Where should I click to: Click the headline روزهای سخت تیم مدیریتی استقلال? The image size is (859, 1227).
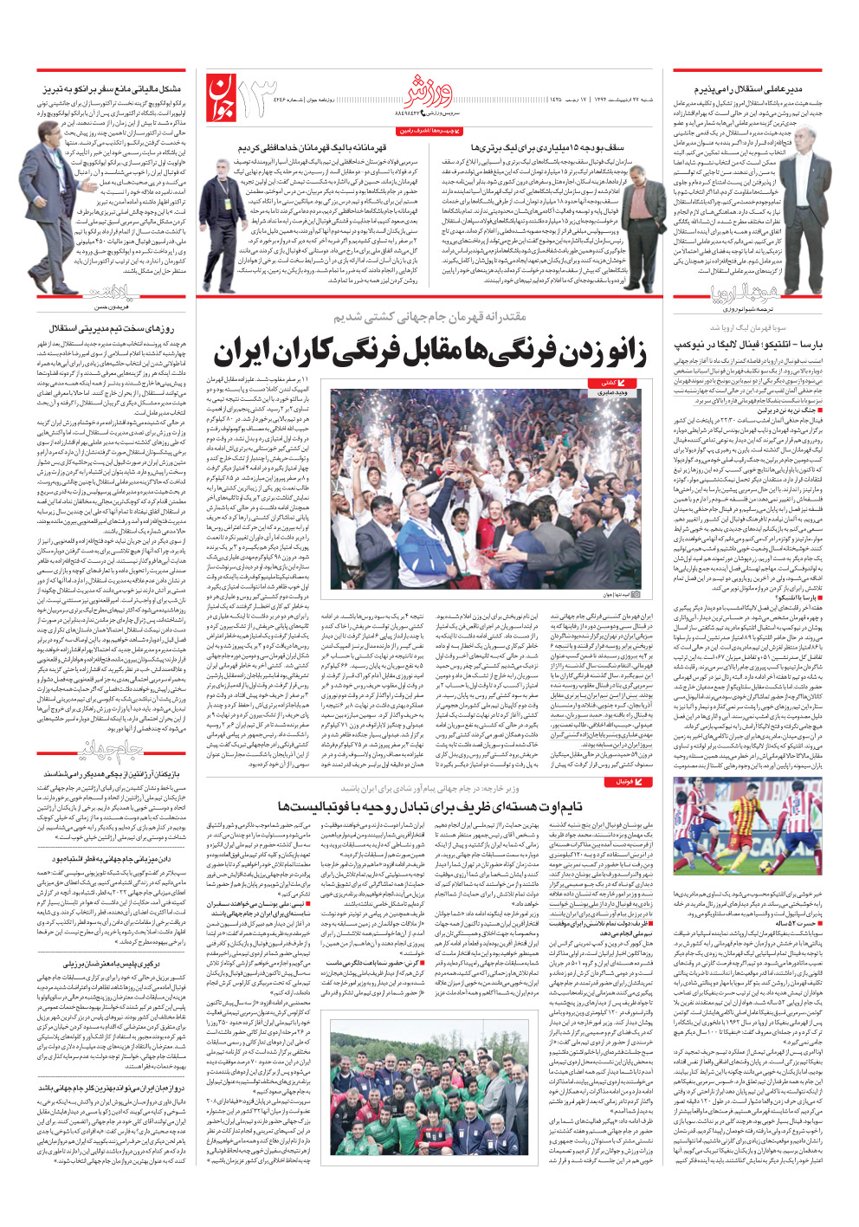click(113, 329)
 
